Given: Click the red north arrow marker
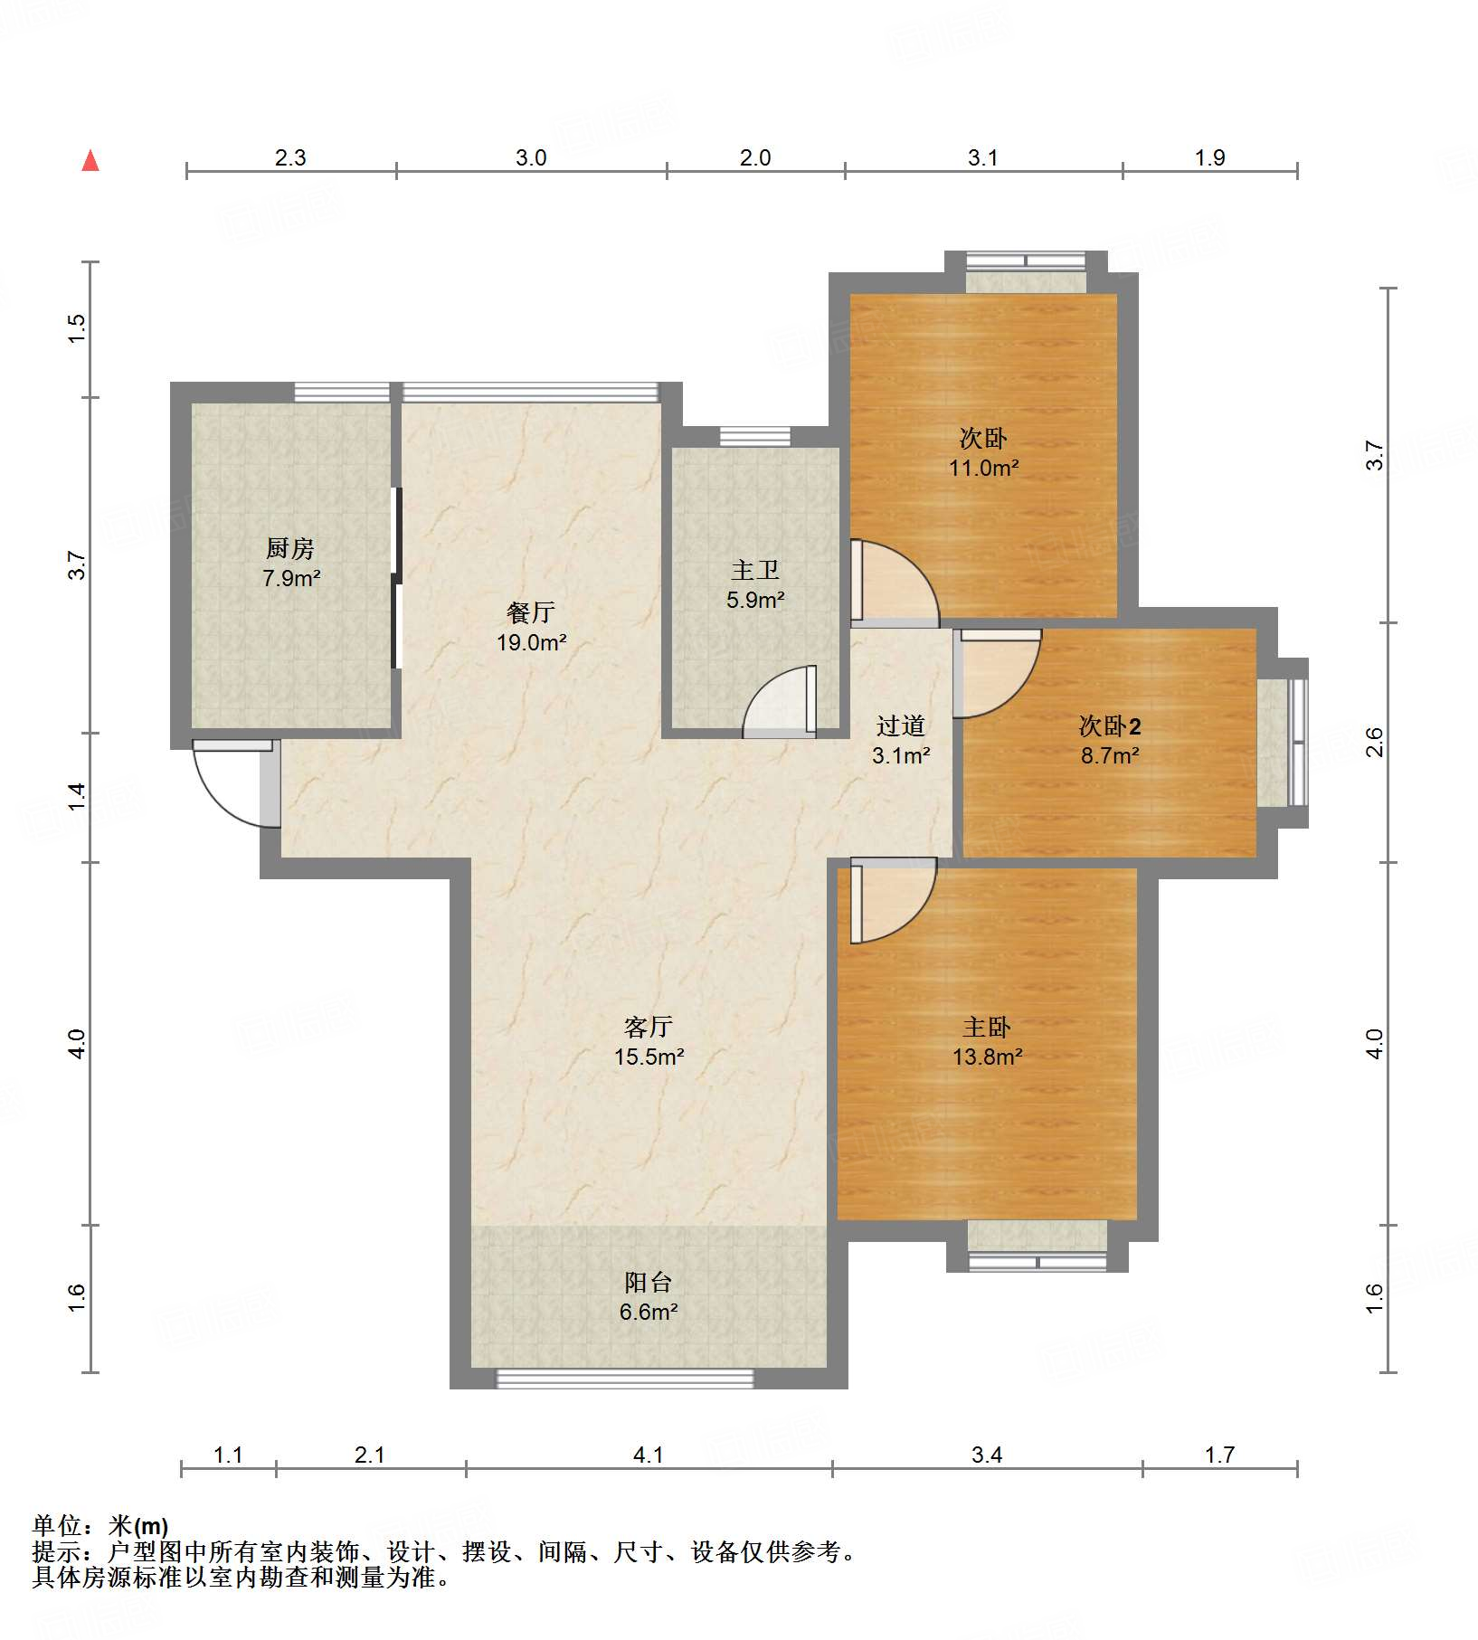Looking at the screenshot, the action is click(90, 161).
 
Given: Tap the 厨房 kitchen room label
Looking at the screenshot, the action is click(290, 548).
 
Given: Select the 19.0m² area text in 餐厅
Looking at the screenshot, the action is click(532, 643).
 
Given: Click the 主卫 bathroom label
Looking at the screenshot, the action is click(755, 571).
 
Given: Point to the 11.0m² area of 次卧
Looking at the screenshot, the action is click(984, 469).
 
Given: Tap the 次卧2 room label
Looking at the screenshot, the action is click(1110, 726).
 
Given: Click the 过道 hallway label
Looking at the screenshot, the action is click(901, 726).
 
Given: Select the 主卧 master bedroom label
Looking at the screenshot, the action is click(987, 1028).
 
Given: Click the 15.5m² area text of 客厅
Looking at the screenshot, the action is click(649, 1057).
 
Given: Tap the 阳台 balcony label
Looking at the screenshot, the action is click(649, 1283).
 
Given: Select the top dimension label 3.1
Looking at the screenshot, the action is click(983, 158).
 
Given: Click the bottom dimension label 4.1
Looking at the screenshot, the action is click(649, 1455).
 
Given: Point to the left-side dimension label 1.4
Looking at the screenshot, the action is click(78, 797).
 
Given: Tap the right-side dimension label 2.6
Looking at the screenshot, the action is click(1374, 743).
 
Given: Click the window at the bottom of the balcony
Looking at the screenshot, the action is click(625, 1379).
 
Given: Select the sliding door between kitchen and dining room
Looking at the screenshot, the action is click(396, 578).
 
